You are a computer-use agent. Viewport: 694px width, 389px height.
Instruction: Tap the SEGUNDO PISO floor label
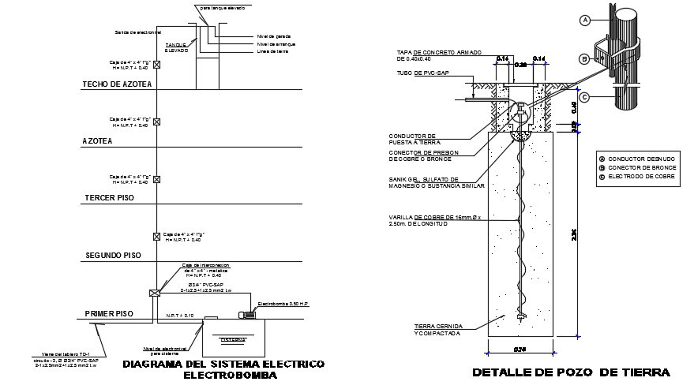point(112,256)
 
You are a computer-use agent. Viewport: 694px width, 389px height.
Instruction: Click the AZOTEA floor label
point(97,141)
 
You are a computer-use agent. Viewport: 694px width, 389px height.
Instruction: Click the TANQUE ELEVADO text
point(176,47)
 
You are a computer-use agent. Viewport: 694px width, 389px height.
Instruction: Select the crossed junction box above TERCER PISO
point(156,179)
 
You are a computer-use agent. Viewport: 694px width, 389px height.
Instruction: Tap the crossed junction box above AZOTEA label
point(156,122)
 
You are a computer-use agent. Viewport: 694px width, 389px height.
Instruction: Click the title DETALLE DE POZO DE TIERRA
point(571,372)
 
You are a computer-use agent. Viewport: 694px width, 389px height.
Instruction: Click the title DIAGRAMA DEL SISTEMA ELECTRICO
point(224,365)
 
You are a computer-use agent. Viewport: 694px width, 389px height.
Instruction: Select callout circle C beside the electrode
point(585,97)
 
